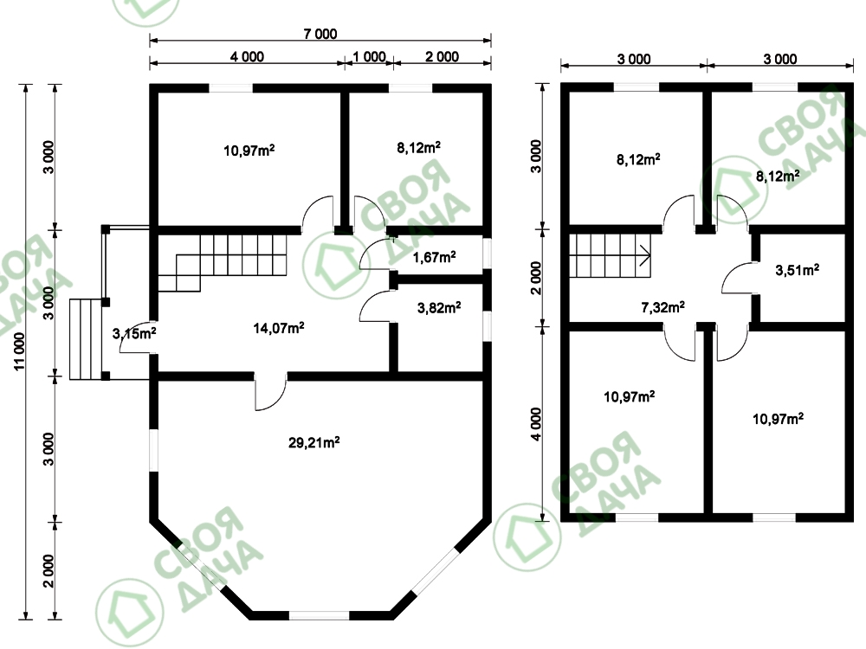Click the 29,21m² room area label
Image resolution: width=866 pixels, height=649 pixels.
[313, 442]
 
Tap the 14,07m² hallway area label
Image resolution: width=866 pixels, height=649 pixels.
[278, 328]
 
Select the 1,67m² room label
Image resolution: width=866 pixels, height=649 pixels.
[434, 257]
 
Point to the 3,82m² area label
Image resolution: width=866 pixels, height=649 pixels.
[439, 307]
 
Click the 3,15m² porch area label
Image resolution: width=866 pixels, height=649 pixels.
[134, 333]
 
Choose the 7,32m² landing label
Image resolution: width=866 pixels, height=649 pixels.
[662, 307]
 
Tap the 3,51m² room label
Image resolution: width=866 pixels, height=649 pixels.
[797, 270]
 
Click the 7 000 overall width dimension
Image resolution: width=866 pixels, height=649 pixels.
[320, 34]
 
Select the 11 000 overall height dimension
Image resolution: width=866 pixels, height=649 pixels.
[21, 351]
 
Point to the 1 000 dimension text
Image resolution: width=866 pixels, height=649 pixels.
[369, 56]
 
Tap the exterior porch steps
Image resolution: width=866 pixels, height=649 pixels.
[86, 339]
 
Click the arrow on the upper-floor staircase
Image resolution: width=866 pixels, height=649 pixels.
[645, 255]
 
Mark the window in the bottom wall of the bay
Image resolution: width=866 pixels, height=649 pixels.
[320, 615]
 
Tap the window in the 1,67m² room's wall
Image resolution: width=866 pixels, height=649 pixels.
[487, 254]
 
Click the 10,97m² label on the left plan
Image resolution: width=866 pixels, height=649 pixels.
[249, 150]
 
